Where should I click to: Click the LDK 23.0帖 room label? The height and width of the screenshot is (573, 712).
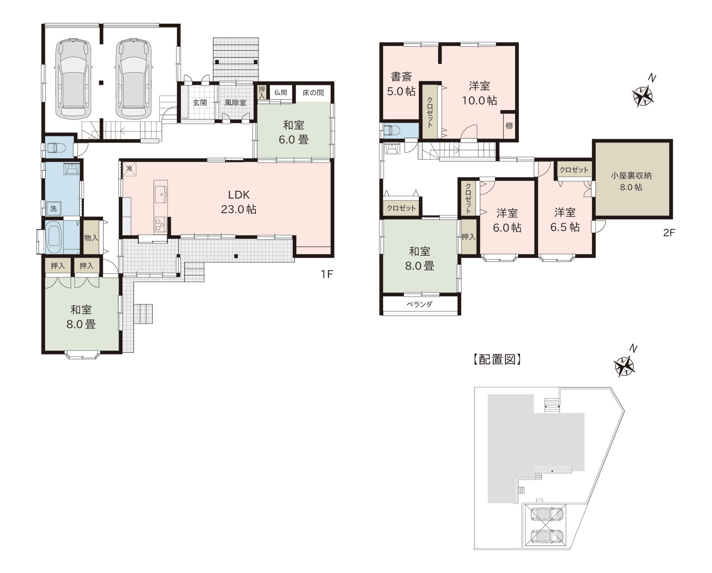tap(239, 202)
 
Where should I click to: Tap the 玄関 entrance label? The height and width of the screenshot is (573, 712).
tap(200, 103)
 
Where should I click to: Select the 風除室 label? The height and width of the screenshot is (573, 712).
tap(235, 103)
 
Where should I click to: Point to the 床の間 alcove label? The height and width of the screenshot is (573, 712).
tap(313, 92)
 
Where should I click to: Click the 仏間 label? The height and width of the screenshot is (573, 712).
tap(280, 92)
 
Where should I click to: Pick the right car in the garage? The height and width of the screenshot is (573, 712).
tap(134, 78)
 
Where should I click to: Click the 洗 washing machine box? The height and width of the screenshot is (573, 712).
tap(53, 208)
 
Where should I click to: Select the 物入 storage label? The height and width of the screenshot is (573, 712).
tap(91, 238)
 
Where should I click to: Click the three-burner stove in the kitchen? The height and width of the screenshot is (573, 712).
tap(160, 225)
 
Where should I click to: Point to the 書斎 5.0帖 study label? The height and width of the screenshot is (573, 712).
tap(401, 84)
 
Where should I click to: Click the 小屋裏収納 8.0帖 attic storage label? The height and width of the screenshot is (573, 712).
tap(631, 181)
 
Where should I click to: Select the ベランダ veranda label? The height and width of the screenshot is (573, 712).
tap(420, 304)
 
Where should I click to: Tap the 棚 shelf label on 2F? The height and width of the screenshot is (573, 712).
tap(509, 126)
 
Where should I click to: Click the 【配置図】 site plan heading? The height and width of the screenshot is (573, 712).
tap(497, 359)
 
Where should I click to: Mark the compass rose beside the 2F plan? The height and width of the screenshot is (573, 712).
tap(642, 96)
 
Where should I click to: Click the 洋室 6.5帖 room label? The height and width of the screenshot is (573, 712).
tap(565, 220)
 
